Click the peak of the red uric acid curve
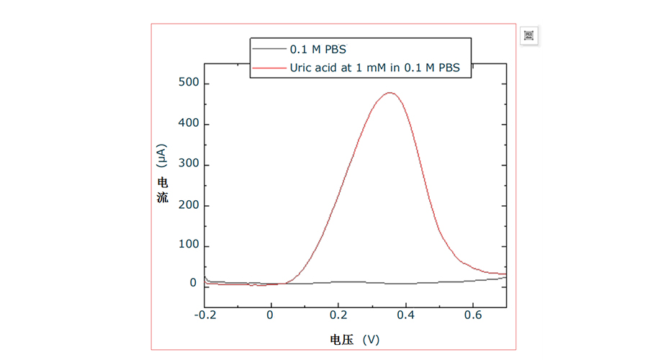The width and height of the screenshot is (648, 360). point(390,92)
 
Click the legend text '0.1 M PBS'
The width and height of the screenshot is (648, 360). point(318,50)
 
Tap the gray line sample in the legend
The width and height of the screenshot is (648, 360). point(269,49)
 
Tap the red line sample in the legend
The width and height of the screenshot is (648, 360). point(269,69)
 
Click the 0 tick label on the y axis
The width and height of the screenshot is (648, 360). point(193,283)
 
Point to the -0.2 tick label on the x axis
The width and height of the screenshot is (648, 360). point(204,315)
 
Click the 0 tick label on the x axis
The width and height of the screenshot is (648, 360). point(271,315)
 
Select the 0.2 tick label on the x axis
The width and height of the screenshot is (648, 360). point(338,315)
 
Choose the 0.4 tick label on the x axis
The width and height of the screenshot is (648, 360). point(405,315)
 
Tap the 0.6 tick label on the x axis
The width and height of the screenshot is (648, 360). point(473,315)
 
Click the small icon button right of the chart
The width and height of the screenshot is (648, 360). point(528,36)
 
